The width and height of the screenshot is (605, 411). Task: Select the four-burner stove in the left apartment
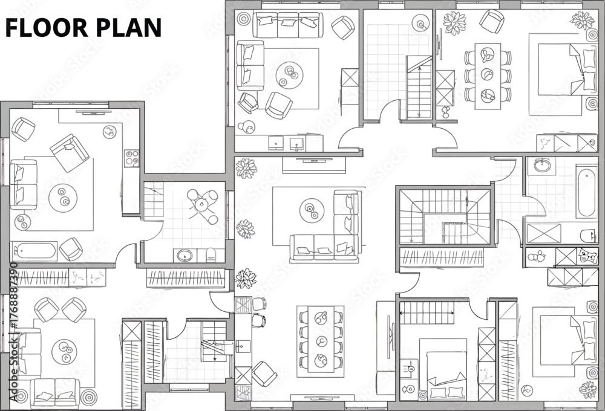click(x=131, y=158)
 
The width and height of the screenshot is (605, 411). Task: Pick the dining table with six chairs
click(x=488, y=76)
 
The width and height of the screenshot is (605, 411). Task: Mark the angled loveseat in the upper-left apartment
click(x=70, y=153)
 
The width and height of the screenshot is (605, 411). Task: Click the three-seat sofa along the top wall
click(x=288, y=25)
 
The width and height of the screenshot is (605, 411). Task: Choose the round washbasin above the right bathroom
click(x=543, y=166)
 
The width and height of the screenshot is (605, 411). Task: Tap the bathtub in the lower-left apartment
click(x=34, y=251)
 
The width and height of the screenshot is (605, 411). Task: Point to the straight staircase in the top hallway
click(x=419, y=87)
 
